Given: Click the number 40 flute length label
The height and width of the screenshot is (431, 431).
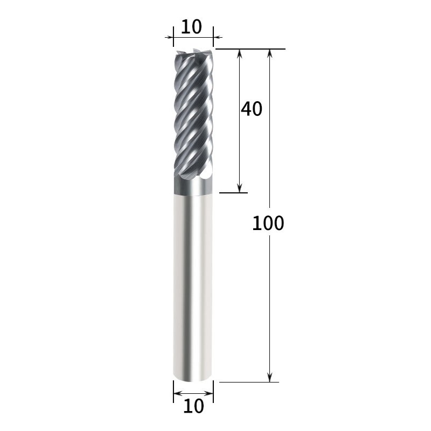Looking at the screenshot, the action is point(252,109).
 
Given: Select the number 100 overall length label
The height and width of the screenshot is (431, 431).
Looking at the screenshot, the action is point(268,223).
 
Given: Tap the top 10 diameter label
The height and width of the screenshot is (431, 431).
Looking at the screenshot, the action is point(192,26).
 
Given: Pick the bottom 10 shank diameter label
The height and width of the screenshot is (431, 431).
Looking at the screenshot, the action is point(193,406).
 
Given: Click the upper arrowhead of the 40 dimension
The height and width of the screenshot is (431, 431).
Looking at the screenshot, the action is point(240,53).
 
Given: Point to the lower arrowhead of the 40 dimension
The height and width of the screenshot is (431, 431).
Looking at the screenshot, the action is point(240,188).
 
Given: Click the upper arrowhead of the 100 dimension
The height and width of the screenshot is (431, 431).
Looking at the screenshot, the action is point(270,53).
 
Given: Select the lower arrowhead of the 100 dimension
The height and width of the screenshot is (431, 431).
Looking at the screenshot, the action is point(270,378).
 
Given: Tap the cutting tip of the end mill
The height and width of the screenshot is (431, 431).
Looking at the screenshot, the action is point(193,51).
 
